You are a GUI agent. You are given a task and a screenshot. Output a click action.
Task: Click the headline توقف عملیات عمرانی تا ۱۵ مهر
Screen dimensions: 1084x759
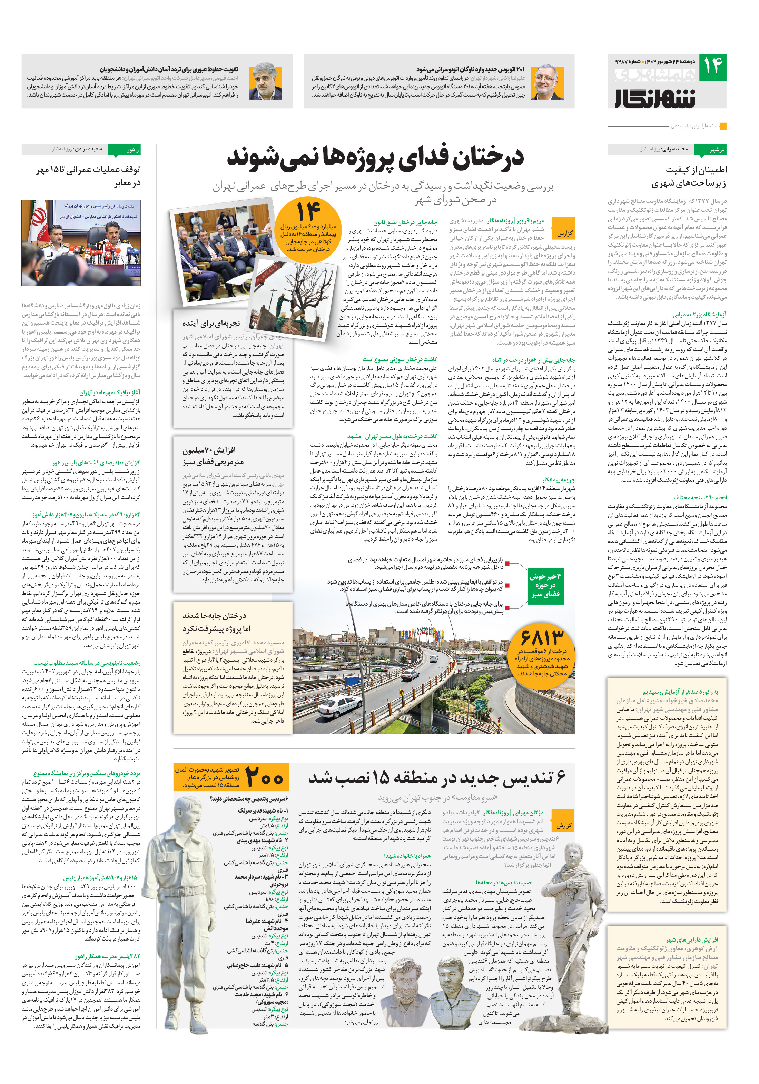pyautogui.click(x=88, y=176)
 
